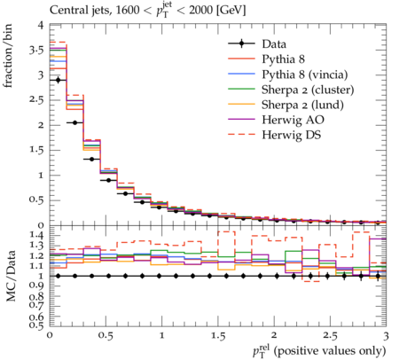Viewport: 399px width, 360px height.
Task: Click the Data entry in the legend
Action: [274, 44]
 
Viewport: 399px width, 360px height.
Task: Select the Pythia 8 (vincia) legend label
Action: [305, 74]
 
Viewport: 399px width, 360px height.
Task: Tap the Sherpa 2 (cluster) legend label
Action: [308, 90]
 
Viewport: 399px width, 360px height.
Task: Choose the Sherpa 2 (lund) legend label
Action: [302, 105]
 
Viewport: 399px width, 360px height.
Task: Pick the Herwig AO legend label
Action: [293, 120]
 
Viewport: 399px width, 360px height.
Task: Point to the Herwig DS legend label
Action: [292, 135]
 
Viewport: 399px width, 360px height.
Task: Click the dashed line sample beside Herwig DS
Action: [241, 135]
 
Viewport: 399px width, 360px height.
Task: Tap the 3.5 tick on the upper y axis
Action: [36, 50]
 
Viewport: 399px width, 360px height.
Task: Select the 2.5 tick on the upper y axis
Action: [36, 100]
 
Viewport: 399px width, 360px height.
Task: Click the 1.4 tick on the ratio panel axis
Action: [36, 235]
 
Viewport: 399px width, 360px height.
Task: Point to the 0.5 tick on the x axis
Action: [106, 336]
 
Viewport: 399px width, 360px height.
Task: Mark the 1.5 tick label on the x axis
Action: [218, 336]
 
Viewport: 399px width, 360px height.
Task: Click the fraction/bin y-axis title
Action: [8, 56]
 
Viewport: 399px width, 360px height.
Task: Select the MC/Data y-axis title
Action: [11, 276]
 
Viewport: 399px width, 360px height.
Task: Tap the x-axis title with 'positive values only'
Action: [319, 351]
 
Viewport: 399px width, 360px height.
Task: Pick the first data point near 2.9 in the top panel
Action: [59, 80]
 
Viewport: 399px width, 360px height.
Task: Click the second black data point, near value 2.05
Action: [75, 122]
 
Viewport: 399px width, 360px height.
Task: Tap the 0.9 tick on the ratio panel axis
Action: [36, 286]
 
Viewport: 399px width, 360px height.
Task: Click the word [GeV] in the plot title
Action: [231, 11]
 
